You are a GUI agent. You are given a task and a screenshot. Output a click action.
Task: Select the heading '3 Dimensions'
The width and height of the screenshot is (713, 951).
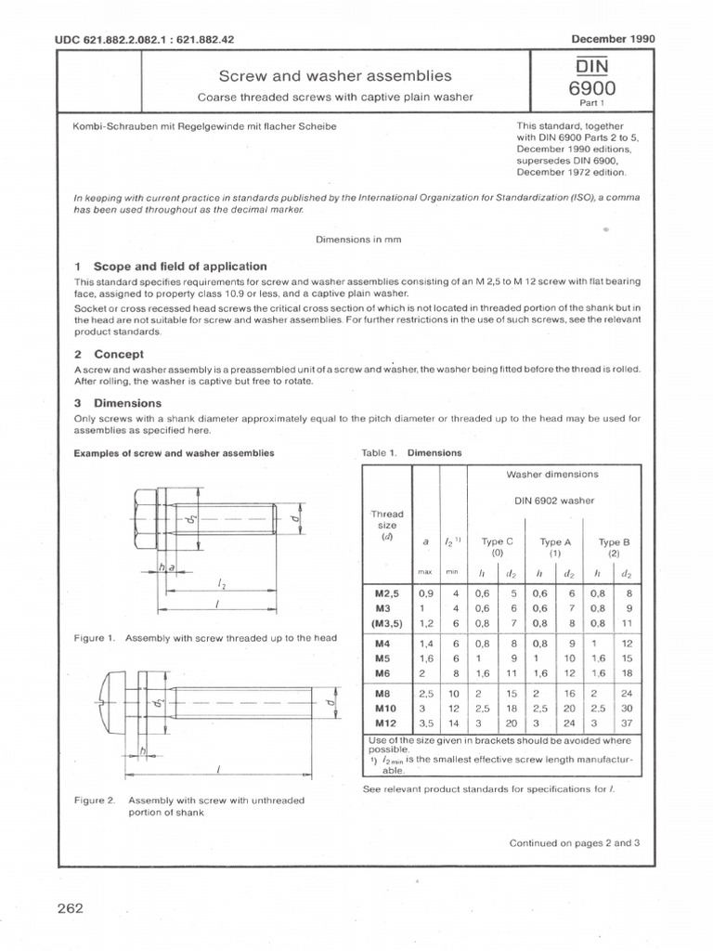118,403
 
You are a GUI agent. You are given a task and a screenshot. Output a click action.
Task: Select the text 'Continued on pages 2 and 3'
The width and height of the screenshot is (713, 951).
575,843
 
